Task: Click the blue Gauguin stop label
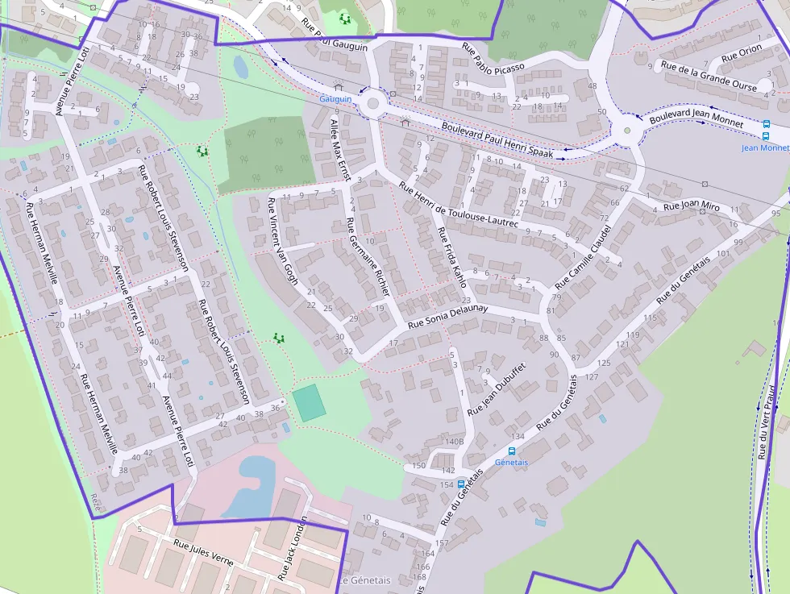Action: (x=335, y=99)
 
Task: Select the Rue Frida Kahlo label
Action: (x=451, y=256)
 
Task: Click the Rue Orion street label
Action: (x=741, y=53)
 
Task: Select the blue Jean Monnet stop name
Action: (x=765, y=147)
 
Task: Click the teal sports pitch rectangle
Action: (x=310, y=401)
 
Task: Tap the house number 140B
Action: (x=454, y=442)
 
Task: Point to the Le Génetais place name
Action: (x=364, y=580)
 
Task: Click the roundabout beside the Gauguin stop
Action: (x=372, y=104)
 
